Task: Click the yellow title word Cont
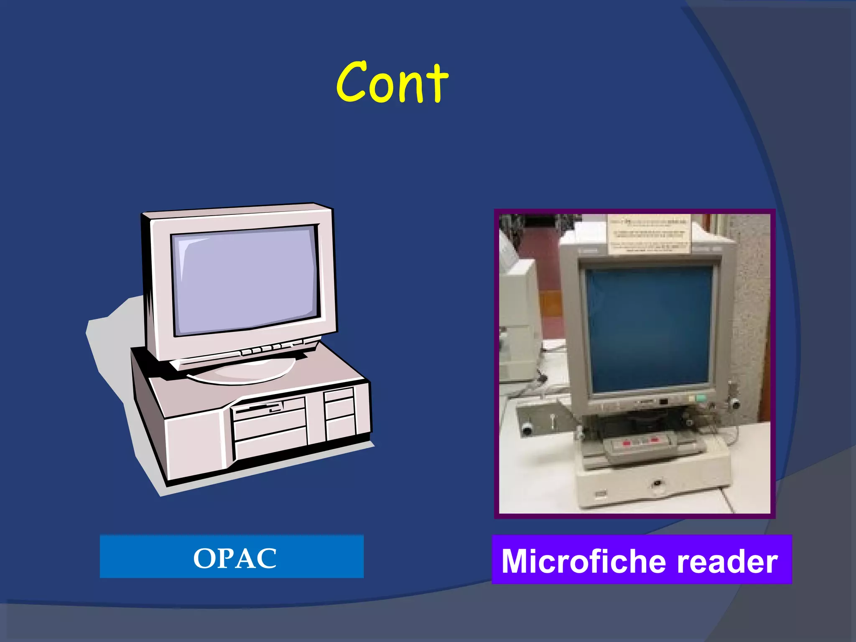[392, 82]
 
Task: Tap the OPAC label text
[234, 558]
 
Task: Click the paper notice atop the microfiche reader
[648, 234]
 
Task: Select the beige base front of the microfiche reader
[652, 487]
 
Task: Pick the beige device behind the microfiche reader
[518, 318]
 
